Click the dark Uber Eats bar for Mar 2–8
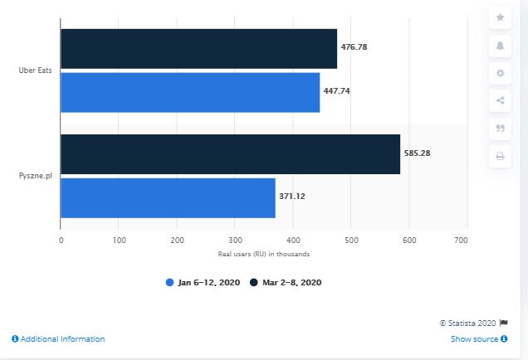point(199,48)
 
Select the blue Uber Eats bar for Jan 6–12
point(190,92)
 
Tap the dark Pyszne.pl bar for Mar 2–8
point(231,153)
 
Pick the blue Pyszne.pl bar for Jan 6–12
point(168,197)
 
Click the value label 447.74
point(337,90)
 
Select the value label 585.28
point(418,153)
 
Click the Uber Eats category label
point(36,71)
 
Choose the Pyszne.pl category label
point(36,176)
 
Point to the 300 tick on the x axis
point(234,240)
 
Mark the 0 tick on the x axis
point(61,240)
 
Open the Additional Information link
point(59,339)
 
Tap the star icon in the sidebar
point(500,17)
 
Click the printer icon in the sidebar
point(500,156)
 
